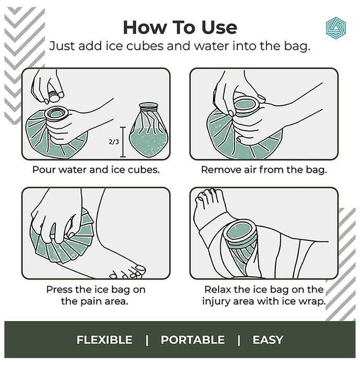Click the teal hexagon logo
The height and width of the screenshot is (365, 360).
[336, 28]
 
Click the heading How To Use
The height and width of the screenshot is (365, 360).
[180, 28]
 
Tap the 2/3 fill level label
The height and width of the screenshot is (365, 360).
[114, 141]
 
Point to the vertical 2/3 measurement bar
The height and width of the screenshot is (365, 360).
[123, 142]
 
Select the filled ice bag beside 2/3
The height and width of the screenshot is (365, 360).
[149, 130]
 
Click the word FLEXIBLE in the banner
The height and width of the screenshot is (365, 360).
[104, 339]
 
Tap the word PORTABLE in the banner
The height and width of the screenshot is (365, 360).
[193, 339]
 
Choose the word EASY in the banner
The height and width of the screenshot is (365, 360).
[268, 339]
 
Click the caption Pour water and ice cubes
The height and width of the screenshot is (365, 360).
[96, 169]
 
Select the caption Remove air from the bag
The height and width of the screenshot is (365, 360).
[264, 169]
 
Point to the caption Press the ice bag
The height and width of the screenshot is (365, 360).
[95, 296]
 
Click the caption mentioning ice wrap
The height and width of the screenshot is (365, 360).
[264, 296]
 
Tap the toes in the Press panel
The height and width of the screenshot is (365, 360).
[128, 272]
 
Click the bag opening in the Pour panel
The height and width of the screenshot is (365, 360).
[56, 114]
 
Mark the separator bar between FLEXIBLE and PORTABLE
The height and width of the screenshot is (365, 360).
[147, 340]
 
